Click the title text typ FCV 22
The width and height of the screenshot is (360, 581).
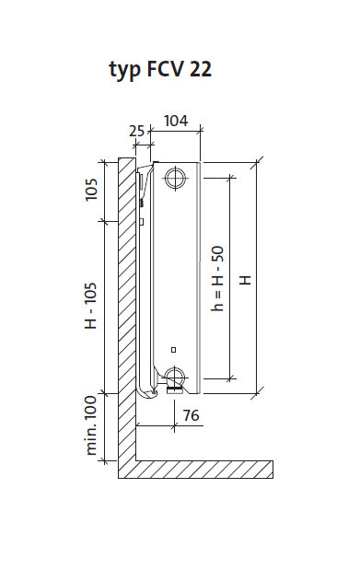160,69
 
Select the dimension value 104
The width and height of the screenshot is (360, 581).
176,121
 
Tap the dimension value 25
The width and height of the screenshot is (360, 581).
136,131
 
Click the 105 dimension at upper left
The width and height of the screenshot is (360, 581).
91,190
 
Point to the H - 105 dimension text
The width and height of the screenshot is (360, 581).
91,306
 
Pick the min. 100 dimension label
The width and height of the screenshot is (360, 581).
91,425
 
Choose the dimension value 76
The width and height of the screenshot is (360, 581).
192,415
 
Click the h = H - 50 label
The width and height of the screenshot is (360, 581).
218,278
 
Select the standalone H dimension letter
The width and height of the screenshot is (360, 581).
245,280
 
